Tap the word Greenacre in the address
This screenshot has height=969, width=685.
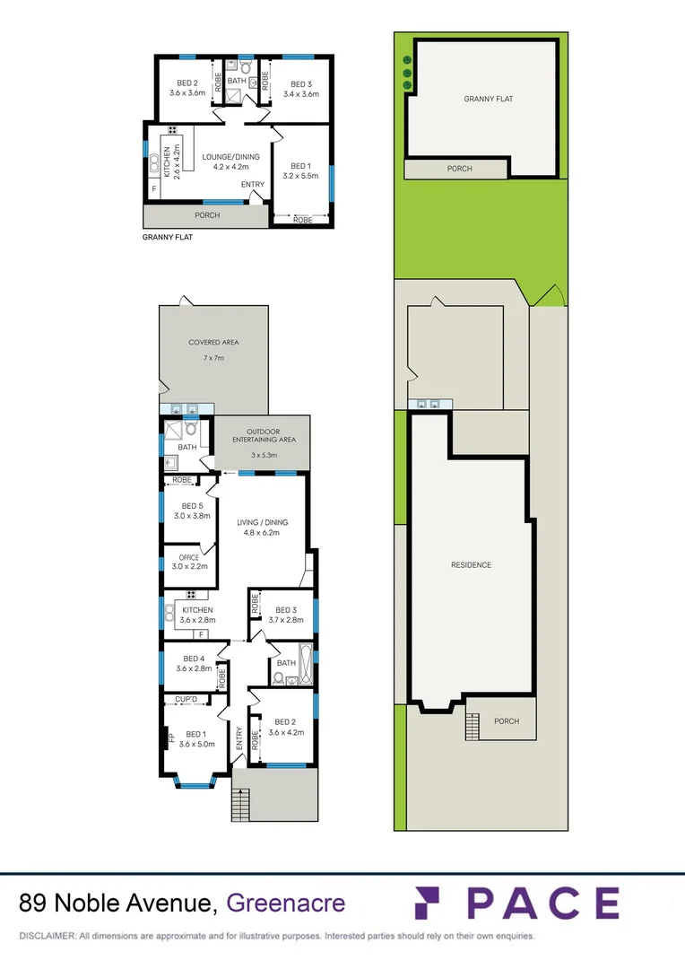286,903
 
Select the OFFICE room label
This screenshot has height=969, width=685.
188,557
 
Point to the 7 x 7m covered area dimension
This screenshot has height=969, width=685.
212,358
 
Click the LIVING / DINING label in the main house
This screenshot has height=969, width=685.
262,522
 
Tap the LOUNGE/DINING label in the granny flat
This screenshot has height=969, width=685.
230,157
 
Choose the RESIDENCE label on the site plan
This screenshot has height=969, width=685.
471,564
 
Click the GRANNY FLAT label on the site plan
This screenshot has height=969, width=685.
488,99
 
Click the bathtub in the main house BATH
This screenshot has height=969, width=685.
304,664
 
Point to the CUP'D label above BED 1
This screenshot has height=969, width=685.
186,699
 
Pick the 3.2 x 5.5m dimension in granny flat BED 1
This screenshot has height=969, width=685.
302,176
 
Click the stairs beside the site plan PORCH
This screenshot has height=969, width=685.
472,723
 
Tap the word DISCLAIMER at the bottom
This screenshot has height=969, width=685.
47,936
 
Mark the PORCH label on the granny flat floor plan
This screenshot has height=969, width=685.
207,215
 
